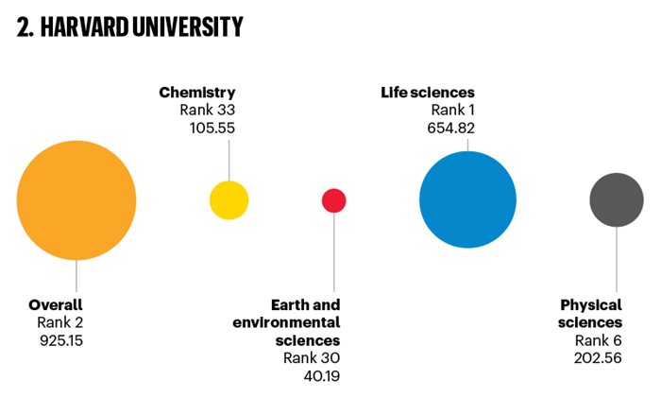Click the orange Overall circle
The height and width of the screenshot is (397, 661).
click(x=76, y=200)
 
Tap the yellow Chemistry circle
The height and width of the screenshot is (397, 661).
click(x=229, y=200)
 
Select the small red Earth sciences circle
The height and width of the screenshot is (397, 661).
click(x=334, y=200)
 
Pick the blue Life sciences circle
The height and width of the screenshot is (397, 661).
click(x=467, y=200)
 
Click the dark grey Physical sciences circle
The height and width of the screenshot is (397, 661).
click(x=617, y=199)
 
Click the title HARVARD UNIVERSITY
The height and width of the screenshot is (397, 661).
click(x=129, y=28)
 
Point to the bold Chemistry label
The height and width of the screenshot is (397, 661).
click(x=196, y=93)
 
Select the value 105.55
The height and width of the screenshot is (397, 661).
click(x=212, y=128)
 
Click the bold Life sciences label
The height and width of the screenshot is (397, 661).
click(x=428, y=93)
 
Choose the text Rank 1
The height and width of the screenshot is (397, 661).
click(x=452, y=110)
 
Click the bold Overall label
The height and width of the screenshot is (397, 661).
click(x=56, y=305)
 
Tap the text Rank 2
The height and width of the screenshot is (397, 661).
click(x=56, y=322)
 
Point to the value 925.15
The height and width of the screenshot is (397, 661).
click(x=56, y=339)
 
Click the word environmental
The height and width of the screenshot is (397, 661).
click(x=286, y=322)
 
